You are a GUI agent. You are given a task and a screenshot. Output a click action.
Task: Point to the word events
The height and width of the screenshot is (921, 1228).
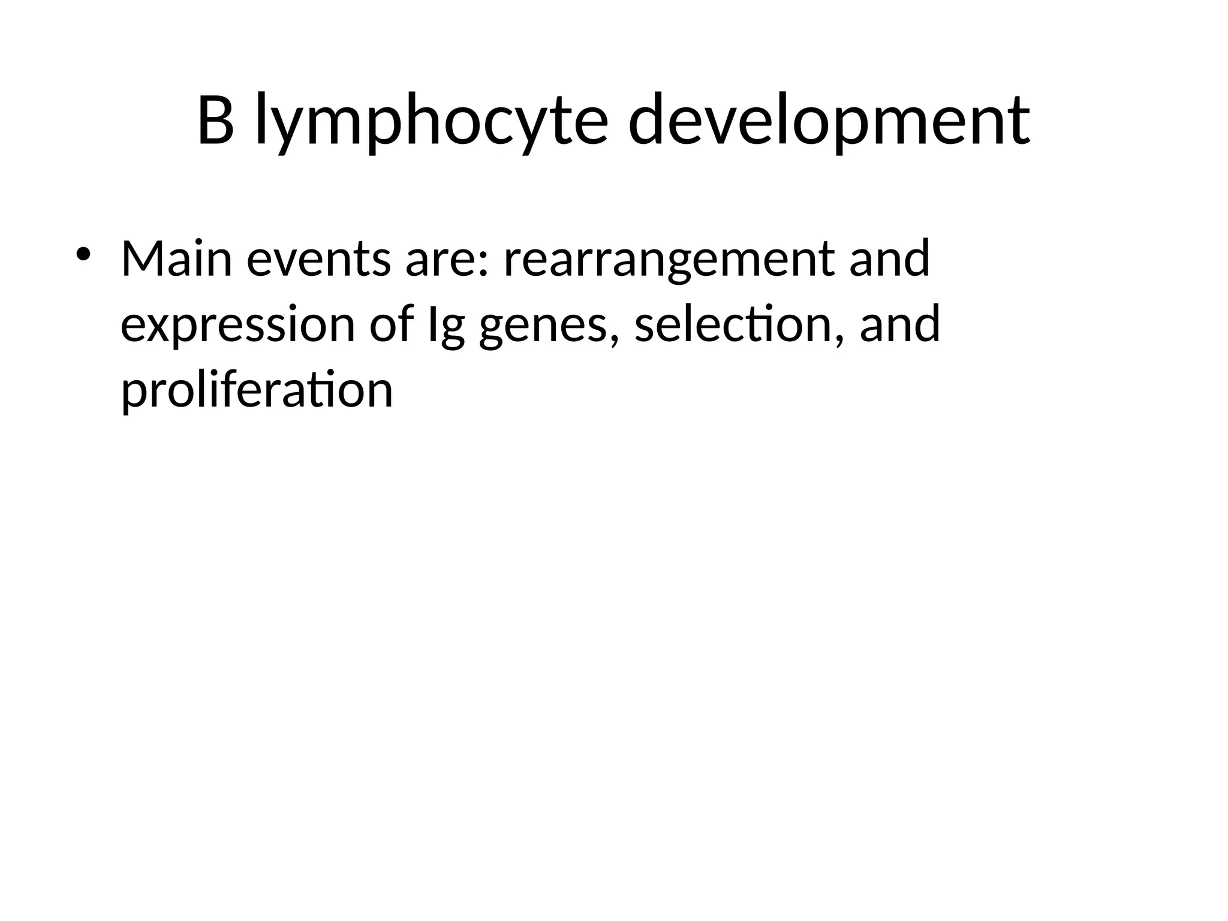click(318, 259)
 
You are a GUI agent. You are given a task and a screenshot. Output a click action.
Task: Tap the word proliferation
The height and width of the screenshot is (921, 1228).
click(257, 391)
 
